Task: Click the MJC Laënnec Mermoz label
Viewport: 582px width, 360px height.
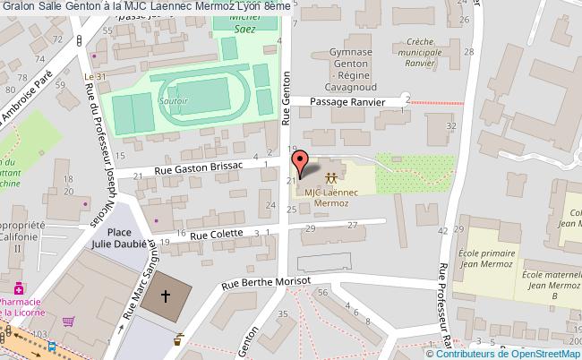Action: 332,197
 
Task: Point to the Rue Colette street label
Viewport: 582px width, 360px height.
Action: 215,235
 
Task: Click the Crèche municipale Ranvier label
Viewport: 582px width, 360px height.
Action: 426,51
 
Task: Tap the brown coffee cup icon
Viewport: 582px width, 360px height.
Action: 179,339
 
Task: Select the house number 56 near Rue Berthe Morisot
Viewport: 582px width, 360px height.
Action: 323,292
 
